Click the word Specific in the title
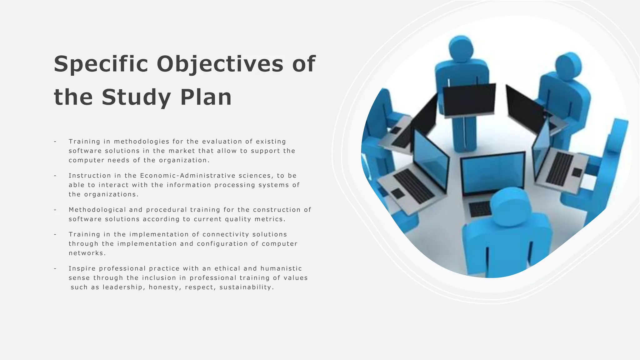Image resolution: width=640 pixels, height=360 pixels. point(101,64)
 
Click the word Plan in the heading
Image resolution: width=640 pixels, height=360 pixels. point(206,97)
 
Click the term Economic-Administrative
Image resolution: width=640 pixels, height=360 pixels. point(187,176)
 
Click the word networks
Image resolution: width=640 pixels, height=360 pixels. point(87,253)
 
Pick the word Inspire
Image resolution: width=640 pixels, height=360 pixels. point(82,268)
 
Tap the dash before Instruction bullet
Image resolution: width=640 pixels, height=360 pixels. point(55,176)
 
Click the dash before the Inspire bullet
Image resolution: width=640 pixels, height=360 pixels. point(55,268)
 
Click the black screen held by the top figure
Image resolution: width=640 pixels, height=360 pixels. point(469,100)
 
